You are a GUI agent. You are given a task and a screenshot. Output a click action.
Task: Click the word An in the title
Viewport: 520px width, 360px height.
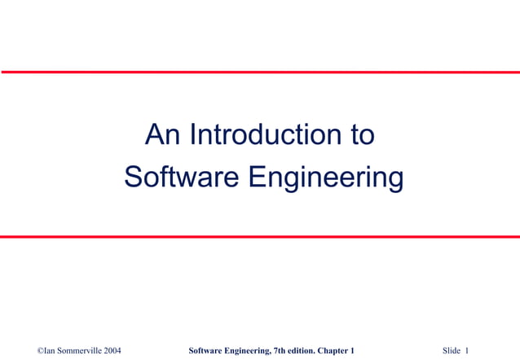[163, 135]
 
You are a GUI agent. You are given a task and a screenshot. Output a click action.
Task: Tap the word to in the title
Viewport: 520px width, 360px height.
[362, 135]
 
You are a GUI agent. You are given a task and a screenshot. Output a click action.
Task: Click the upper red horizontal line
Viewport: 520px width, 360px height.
[260, 72]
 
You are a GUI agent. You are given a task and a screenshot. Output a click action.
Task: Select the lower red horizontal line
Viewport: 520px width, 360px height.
[260, 237]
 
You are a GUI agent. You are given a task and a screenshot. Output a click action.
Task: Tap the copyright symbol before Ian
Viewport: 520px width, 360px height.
[41, 350]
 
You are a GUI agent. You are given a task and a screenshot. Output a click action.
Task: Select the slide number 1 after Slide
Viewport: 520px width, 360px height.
[468, 350]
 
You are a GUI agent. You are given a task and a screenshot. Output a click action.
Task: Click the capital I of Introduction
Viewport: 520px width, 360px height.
[192, 135]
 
